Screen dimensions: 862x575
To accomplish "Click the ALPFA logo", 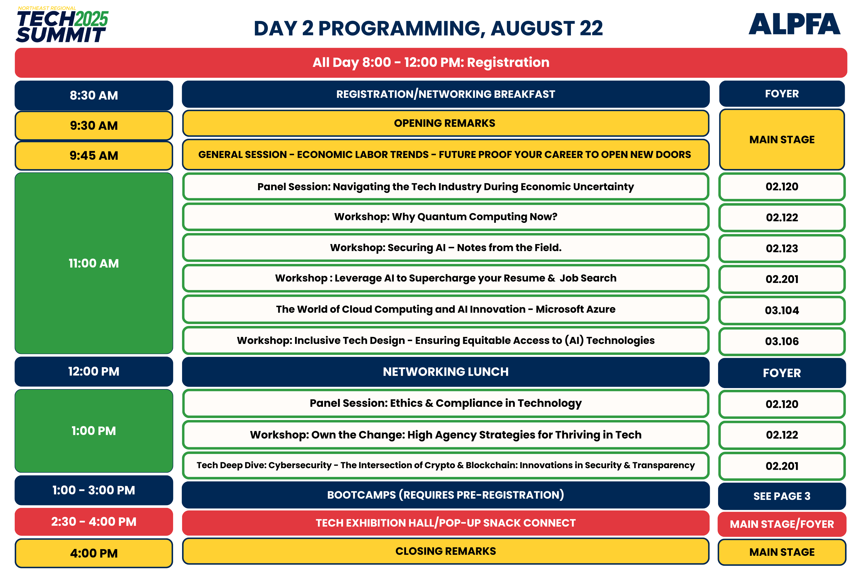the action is [x=794, y=24].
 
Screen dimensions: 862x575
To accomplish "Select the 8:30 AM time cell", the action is [x=94, y=95].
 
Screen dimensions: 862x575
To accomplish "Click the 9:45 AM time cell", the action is [x=94, y=155].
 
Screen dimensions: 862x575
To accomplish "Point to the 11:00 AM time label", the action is [x=94, y=263].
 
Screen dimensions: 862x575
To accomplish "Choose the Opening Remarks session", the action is [x=445, y=123].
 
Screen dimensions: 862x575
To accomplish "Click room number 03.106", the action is [x=782, y=341].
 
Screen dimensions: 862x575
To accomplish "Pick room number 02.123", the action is [x=782, y=249].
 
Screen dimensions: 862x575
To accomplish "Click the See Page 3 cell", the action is [x=782, y=496].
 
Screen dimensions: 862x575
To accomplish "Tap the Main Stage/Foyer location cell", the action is [x=782, y=524].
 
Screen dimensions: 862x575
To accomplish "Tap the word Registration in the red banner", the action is [x=508, y=63].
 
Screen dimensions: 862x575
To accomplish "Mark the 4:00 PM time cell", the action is [x=94, y=553].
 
